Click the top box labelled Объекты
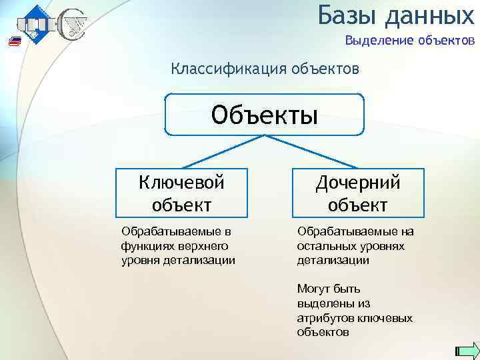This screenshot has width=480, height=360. point(265,114)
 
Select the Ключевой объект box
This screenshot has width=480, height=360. point(181,192)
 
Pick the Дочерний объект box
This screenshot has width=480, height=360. point(357,192)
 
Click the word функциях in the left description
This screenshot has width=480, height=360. point(145,245)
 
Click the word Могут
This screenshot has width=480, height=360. point(313,289)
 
